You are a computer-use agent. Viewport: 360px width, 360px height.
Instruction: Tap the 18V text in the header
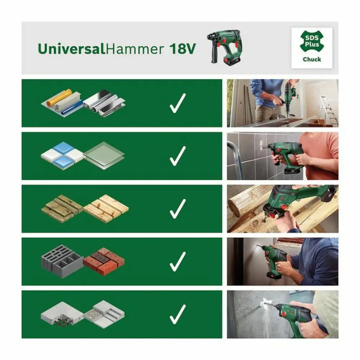click(x=183, y=49)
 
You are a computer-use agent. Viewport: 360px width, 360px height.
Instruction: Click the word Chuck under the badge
click(x=312, y=60)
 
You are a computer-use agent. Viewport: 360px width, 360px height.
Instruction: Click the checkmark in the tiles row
click(x=177, y=156)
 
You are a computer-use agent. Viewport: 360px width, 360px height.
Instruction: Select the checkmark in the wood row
click(x=177, y=208)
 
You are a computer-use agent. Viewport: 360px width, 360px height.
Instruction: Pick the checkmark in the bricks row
click(x=177, y=261)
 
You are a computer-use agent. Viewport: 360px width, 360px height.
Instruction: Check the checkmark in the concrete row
click(x=177, y=314)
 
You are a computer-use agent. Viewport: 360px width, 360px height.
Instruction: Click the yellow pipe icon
click(x=59, y=96)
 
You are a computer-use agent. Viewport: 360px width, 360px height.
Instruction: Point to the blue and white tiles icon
click(x=62, y=154)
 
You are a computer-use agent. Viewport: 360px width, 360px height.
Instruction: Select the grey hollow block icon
click(x=62, y=260)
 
